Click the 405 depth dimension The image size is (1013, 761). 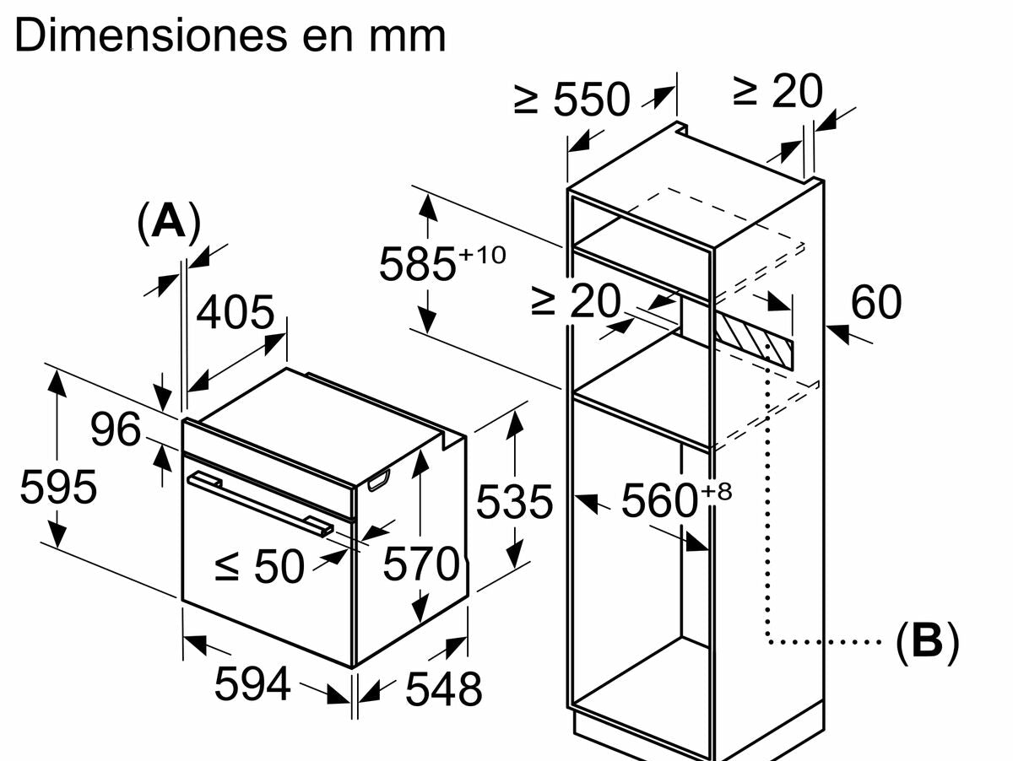[x=236, y=313]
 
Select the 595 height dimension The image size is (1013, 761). [x=58, y=488]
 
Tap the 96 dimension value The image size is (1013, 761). [x=116, y=430]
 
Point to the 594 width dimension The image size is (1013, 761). [x=252, y=683]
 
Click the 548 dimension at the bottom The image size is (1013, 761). [x=443, y=689]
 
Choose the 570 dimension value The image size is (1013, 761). [x=421, y=564]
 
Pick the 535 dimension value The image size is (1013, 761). [x=514, y=502]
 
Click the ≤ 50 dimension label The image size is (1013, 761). [x=258, y=566]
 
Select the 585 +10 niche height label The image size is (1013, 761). [x=441, y=262]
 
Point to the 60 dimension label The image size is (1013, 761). [x=875, y=302]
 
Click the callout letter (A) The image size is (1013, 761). [x=169, y=223]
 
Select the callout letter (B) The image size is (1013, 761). [x=927, y=641]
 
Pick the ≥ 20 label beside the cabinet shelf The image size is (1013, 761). [x=576, y=300]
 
